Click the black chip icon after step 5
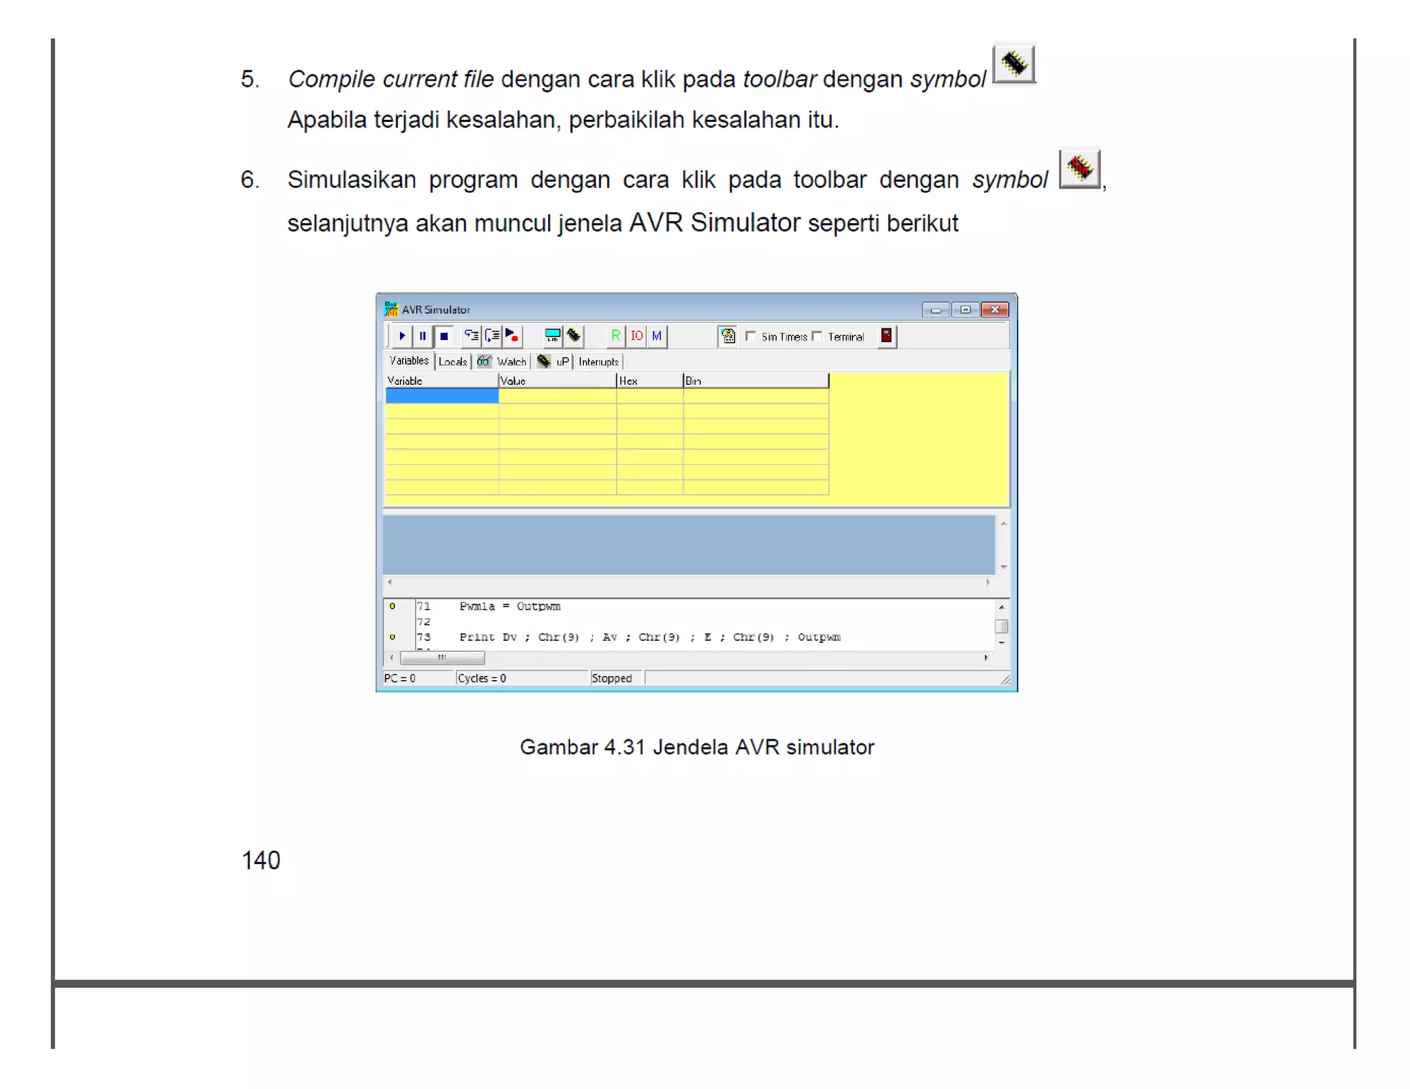pyautogui.click(x=1013, y=64)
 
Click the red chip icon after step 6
pyautogui.click(x=1079, y=169)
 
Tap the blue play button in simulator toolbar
pyautogui.click(x=402, y=336)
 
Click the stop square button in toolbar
pyautogui.click(x=444, y=336)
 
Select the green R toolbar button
pyautogui.click(x=615, y=336)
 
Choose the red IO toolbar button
pyautogui.click(x=636, y=336)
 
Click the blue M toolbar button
pyautogui.click(x=657, y=336)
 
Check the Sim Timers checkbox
pyautogui.click(x=751, y=336)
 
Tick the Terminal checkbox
pyautogui.click(x=817, y=336)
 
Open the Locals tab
pyautogui.click(x=452, y=361)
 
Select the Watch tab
pyautogui.click(x=511, y=361)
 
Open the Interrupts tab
pyautogui.click(x=598, y=361)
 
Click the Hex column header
pyautogui.click(x=649, y=381)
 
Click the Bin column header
pyautogui.click(x=755, y=381)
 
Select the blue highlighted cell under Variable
pyautogui.click(x=441, y=396)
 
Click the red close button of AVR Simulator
pyautogui.click(x=995, y=310)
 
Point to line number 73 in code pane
pyautogui.click(x=423, y=637)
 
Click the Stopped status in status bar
pyautogui.click(x=611, y=678)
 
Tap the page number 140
pyautogui.click(x=261, y=860)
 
